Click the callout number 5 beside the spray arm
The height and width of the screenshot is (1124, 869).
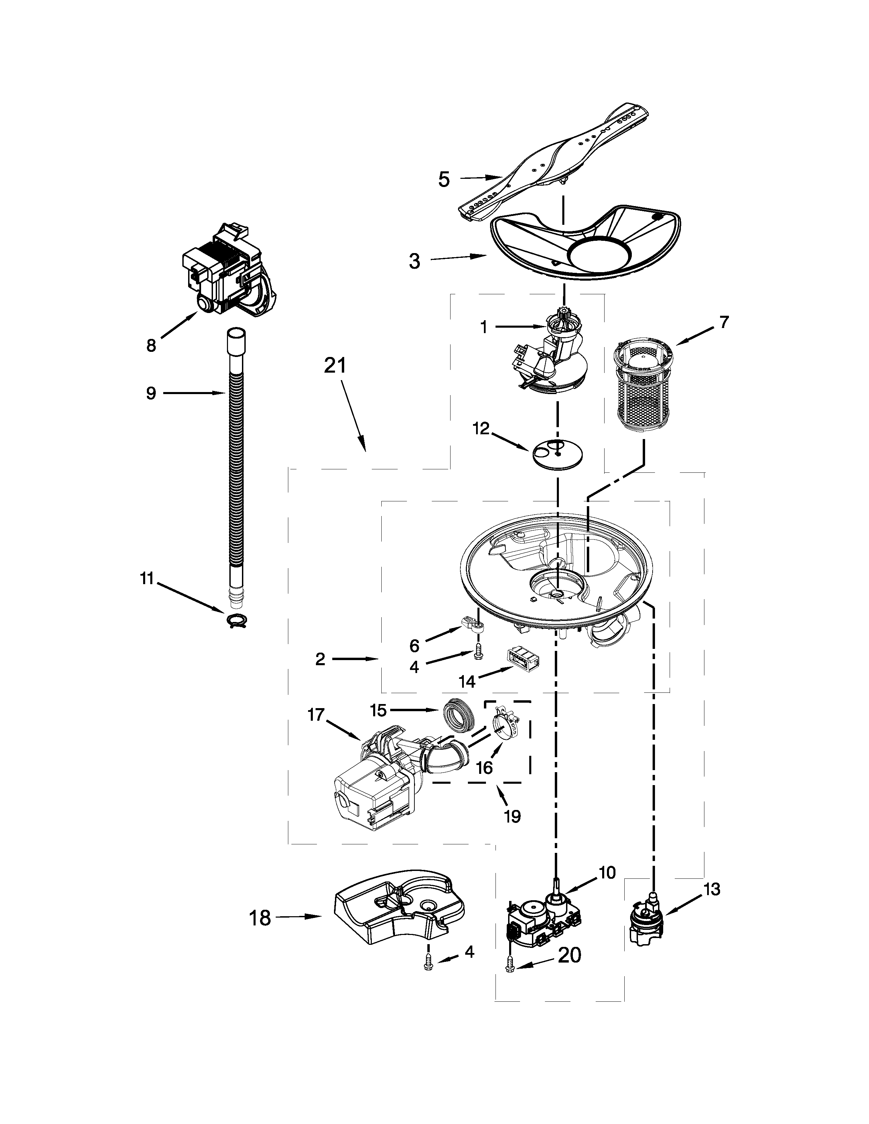coord(444,179)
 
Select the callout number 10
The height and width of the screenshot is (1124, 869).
coord(608,872)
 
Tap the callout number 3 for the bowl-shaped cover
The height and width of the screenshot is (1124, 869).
coord(414,262)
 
